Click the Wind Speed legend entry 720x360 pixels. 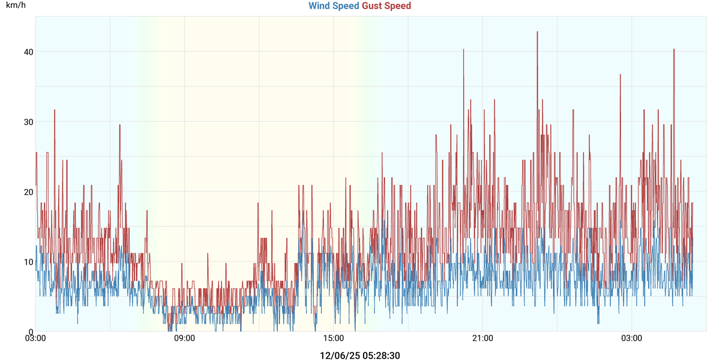(334, 6)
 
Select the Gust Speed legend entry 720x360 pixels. (386, 6)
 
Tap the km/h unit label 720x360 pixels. (16, 5)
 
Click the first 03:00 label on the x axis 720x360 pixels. (35, 338)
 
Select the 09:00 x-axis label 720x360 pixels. (184, 338)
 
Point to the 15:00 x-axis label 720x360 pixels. (334, 338)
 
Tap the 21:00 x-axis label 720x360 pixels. (482, 338)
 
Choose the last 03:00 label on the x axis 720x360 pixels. (631, 338)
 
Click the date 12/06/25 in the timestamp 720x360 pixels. (339, 355)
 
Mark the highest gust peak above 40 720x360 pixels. (537, 32)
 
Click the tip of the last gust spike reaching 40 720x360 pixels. (674, 49)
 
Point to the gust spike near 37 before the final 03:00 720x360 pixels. (620, 74)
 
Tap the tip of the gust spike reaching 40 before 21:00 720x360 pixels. (463, 49)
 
